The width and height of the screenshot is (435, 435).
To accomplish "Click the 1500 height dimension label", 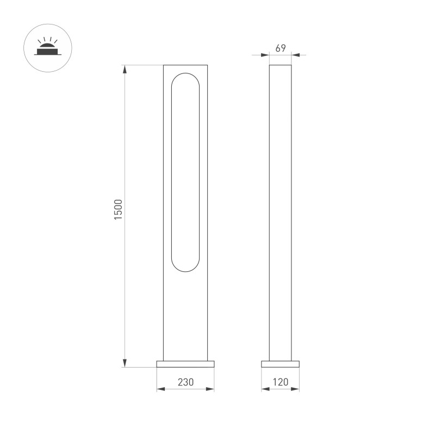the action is [x=118, y=209].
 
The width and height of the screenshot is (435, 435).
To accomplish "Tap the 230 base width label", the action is [x=185, y=382].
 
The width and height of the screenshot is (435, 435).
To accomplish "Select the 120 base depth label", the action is [x=281, y=382].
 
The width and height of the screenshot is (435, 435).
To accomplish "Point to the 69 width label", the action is [x=281, y=48].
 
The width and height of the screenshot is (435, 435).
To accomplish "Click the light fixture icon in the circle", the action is [x=47, y=46].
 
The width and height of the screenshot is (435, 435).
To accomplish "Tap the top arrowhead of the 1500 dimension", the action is [x=125, y=69].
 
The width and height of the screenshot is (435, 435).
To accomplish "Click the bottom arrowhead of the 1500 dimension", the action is [x=125, y=363].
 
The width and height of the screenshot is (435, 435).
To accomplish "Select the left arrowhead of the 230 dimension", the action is [x=161, y=389].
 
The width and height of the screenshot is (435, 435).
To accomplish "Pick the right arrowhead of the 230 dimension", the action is [x=210, y=389].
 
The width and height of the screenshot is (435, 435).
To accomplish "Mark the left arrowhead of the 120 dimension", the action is [x=265, y=389].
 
